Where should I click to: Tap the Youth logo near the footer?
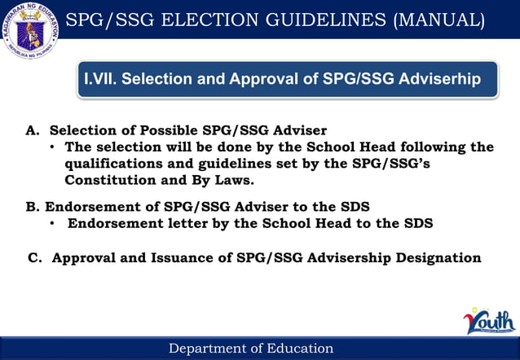tap(489, 321)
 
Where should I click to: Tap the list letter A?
tap(33, 130)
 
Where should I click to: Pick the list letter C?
tap(35, 258)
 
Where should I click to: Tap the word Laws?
tap(236, 179)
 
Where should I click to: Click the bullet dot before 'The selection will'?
tap(52, 147)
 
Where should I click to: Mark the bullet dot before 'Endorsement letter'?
tap(52, 222)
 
